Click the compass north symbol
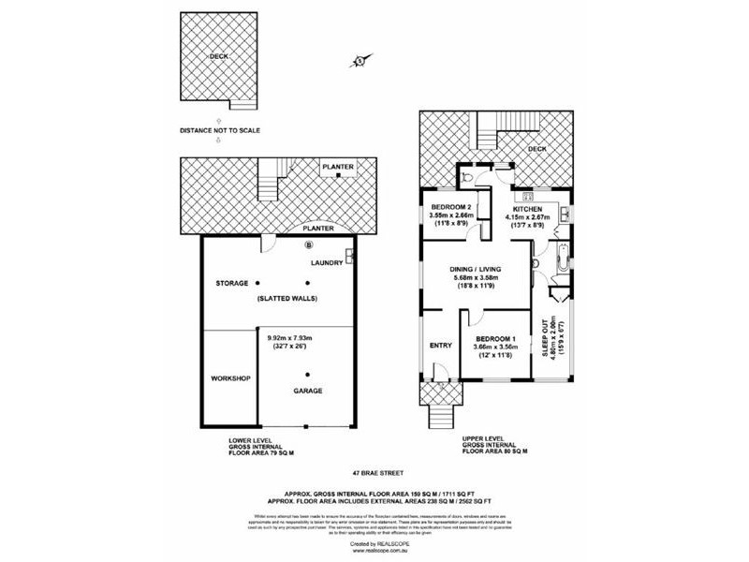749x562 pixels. pyautogui.click(x=360, y=61)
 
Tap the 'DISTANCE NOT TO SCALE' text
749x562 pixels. pyautogui.click(x=220, y=130)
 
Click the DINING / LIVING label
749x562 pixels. pyautogui.click(x=478, y=269)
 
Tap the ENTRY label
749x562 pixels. pyautogui.click(x=438, y=346)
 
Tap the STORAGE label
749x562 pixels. pyautogui.click(x=231, y=283)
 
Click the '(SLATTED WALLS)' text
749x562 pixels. pyautogui.click(x=287, y=298)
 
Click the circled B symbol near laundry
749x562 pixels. pyautogui.click(x=309, y=245)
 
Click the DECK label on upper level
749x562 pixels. pyautogui.click(x=536, y=148)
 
